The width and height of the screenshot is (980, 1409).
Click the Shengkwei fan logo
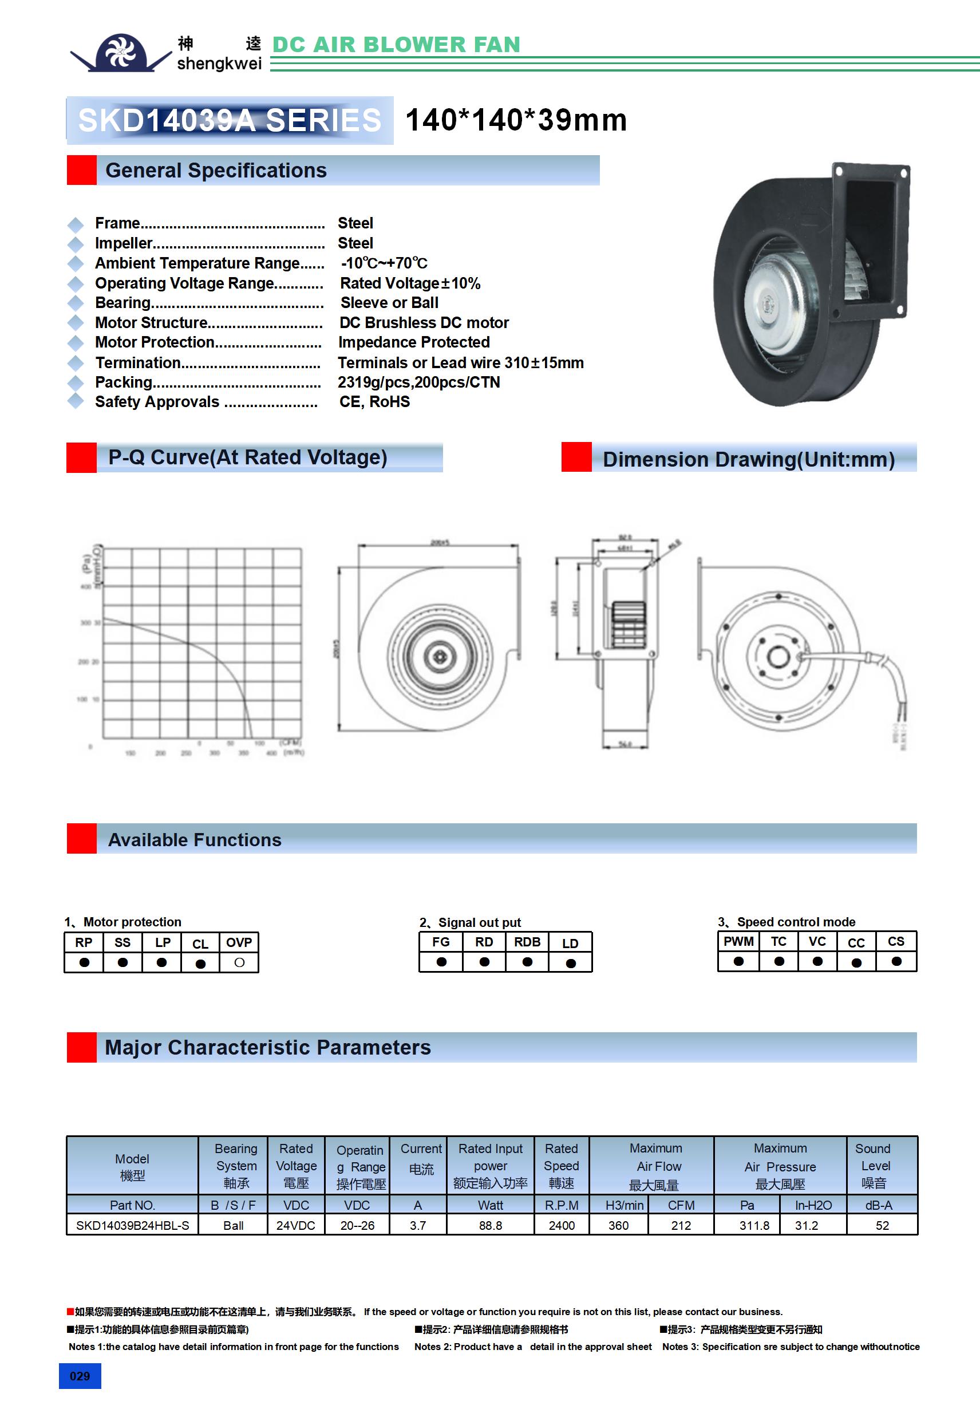point(120,52)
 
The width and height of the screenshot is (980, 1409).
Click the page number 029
point(80,1376)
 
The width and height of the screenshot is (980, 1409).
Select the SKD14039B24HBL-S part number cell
point(133,1226)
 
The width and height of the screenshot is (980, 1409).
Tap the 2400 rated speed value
point(562,1226)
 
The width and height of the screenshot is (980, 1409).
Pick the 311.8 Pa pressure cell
point(754,1226)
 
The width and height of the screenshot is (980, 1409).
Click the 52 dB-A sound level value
point(882,1226)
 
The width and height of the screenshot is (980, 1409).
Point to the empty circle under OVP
point(239,963)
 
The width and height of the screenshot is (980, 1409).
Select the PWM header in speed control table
point(738,941)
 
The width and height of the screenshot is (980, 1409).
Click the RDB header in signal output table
point(527,942)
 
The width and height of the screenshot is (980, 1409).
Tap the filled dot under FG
point(441,962)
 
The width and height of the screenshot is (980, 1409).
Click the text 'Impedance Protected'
point(414,342)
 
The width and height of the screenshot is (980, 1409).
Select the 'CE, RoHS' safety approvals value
point(375,402)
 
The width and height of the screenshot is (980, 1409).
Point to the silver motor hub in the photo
point(770,300)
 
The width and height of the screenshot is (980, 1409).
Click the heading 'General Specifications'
point(216,171)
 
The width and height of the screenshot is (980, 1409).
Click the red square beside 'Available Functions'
point(82,838)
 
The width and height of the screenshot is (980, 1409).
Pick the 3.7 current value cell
point(418,1226)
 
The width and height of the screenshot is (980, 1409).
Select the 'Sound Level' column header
point(874,1165)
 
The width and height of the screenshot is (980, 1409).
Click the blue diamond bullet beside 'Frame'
point(76,224)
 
